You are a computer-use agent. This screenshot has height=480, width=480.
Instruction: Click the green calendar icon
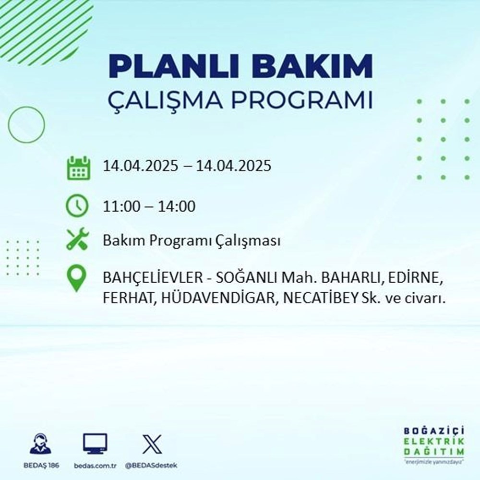77,168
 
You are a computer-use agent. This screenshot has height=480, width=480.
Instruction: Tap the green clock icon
77,206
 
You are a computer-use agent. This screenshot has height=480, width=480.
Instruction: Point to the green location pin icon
77,279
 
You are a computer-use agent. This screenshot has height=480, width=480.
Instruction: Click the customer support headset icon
40,444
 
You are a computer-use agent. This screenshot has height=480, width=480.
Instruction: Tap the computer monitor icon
95,444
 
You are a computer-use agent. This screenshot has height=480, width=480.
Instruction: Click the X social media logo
152,444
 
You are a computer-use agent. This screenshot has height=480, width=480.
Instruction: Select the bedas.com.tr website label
95,466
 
